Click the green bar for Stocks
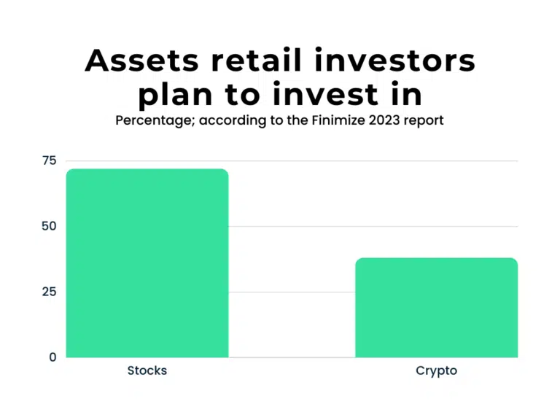(147, 263)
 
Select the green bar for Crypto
(436, 308)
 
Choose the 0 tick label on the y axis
(52, 357)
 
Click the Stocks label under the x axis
(147, 370)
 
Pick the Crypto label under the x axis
(436, 370)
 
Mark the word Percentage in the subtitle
(149, 120)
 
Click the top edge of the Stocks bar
(147, 169)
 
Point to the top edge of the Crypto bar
(436, 258)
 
